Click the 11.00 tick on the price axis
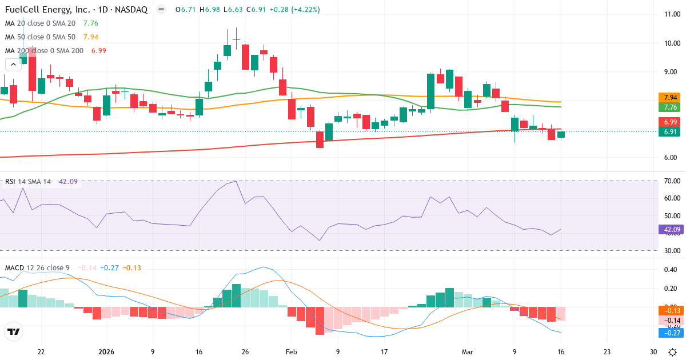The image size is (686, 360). (668, 14)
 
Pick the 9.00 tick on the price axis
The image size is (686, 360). (668, 72)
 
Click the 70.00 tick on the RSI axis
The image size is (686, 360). (668, 181)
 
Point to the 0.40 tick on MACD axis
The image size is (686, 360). (668, 270)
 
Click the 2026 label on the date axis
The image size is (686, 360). (106, 352)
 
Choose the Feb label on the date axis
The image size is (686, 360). (292, 352)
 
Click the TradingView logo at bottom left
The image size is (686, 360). (13, 331)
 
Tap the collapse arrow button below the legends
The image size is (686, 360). (13, 64)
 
